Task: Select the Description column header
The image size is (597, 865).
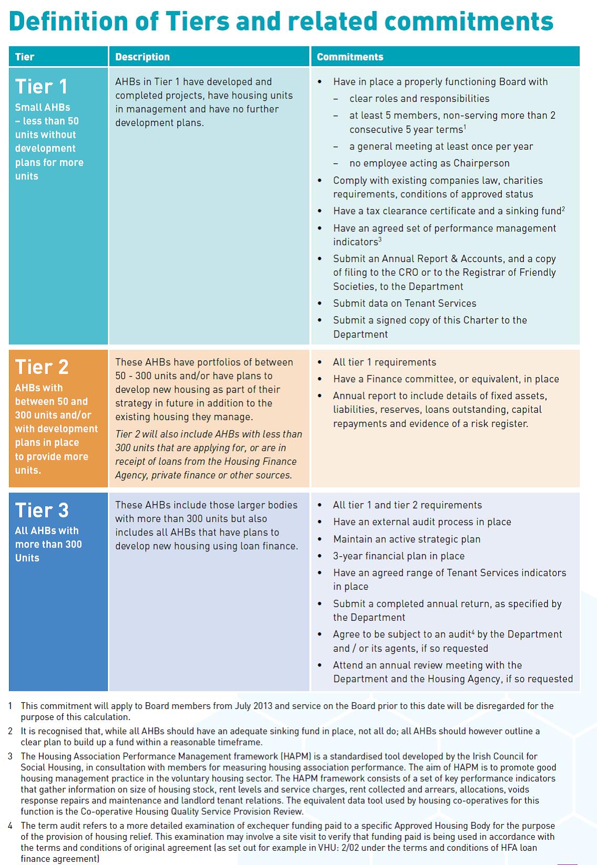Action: [x=142, y=57]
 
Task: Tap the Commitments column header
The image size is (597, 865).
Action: [x=350, y=57]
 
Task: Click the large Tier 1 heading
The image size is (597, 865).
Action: [x=42, y=87]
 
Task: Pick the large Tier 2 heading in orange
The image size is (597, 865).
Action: [x=42, y=367]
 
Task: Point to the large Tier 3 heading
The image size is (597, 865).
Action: [x=42, y=510]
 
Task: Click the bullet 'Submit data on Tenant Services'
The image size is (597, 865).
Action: [x=404, y=303]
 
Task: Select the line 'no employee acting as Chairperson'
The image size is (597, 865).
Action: [x=429, y=163]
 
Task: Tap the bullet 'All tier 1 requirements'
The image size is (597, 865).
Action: [x=384, y=362]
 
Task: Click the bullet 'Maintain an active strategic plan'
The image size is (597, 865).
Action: [x=406, y=539]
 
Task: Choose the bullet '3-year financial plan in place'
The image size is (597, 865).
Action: [x=398, y=556]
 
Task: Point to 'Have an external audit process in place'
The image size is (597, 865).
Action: [x=421, y=522]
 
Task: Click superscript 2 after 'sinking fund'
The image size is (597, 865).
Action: [x=563, y=209]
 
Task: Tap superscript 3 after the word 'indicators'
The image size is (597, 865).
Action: [x=380, y=239]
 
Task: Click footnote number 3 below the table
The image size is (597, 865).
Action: [x=10, y=756]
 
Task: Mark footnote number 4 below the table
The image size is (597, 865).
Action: [x=10, y=826]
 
